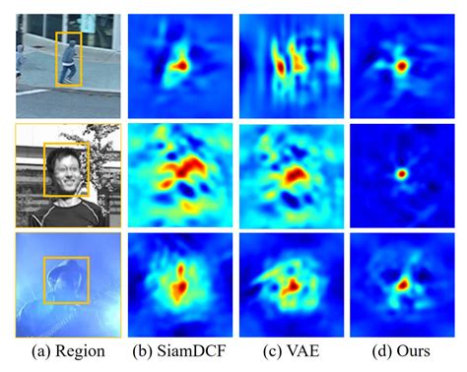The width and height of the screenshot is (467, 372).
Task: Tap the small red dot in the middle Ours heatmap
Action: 401,174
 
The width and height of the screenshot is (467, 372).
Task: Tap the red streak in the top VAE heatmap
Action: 280,67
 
